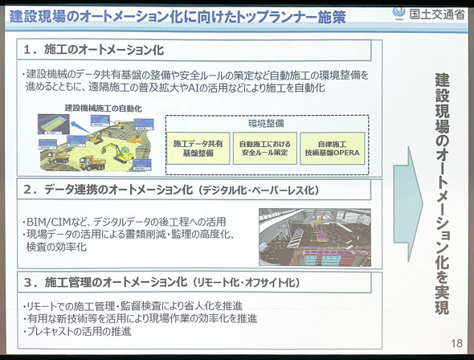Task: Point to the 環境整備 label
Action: [x=265, y=123]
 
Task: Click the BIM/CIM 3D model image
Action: [x=314, y=237]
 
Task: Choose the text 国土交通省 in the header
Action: [x=437, y=12]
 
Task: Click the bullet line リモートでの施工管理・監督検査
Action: [x=133, y=305]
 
